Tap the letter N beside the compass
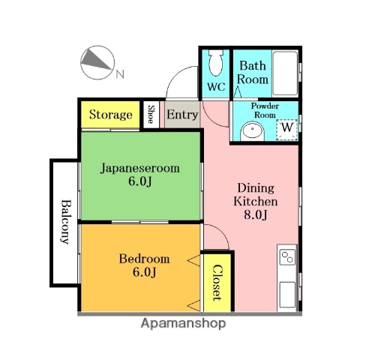coord(120,73)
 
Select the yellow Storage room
coord(111,115)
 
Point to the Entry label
coord(181,115)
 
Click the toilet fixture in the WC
coord(216,64)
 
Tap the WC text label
coord(216,87)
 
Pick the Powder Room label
coord(264,111)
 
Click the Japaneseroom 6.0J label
coord(140,175)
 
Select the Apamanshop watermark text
coord(182,324)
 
